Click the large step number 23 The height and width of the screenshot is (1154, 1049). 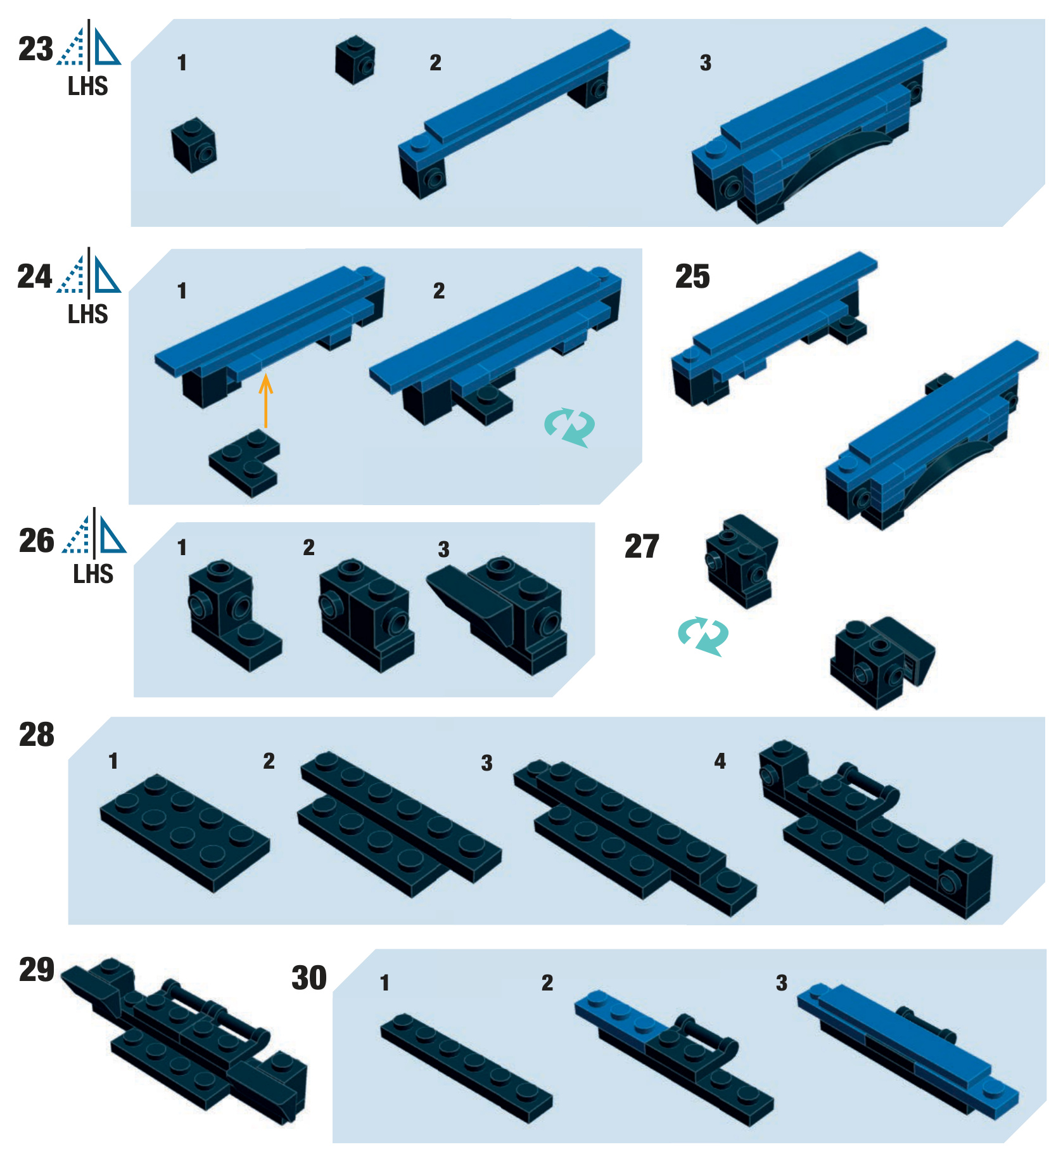[35, 49]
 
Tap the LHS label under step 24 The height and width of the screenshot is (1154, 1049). [88, 314]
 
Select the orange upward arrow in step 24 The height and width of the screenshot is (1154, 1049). [266, 401]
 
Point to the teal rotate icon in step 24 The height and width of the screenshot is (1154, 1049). [569, 428]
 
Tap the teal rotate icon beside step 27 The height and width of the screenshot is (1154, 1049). [703, 636]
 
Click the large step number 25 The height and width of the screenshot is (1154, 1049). [692, 276]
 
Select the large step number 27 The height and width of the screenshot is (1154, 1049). [642, 546]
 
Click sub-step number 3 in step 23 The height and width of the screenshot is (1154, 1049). [706, 63]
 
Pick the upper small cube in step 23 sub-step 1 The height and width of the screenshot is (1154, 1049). [355, 59]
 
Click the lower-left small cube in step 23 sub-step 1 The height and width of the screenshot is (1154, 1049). [194, 145]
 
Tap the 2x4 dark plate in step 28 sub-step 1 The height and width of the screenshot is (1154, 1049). [185, 832]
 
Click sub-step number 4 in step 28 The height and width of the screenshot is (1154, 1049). [720, 760]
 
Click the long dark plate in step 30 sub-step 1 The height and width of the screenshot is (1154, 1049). [466, 1068]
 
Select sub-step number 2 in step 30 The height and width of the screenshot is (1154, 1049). [547, 983]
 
